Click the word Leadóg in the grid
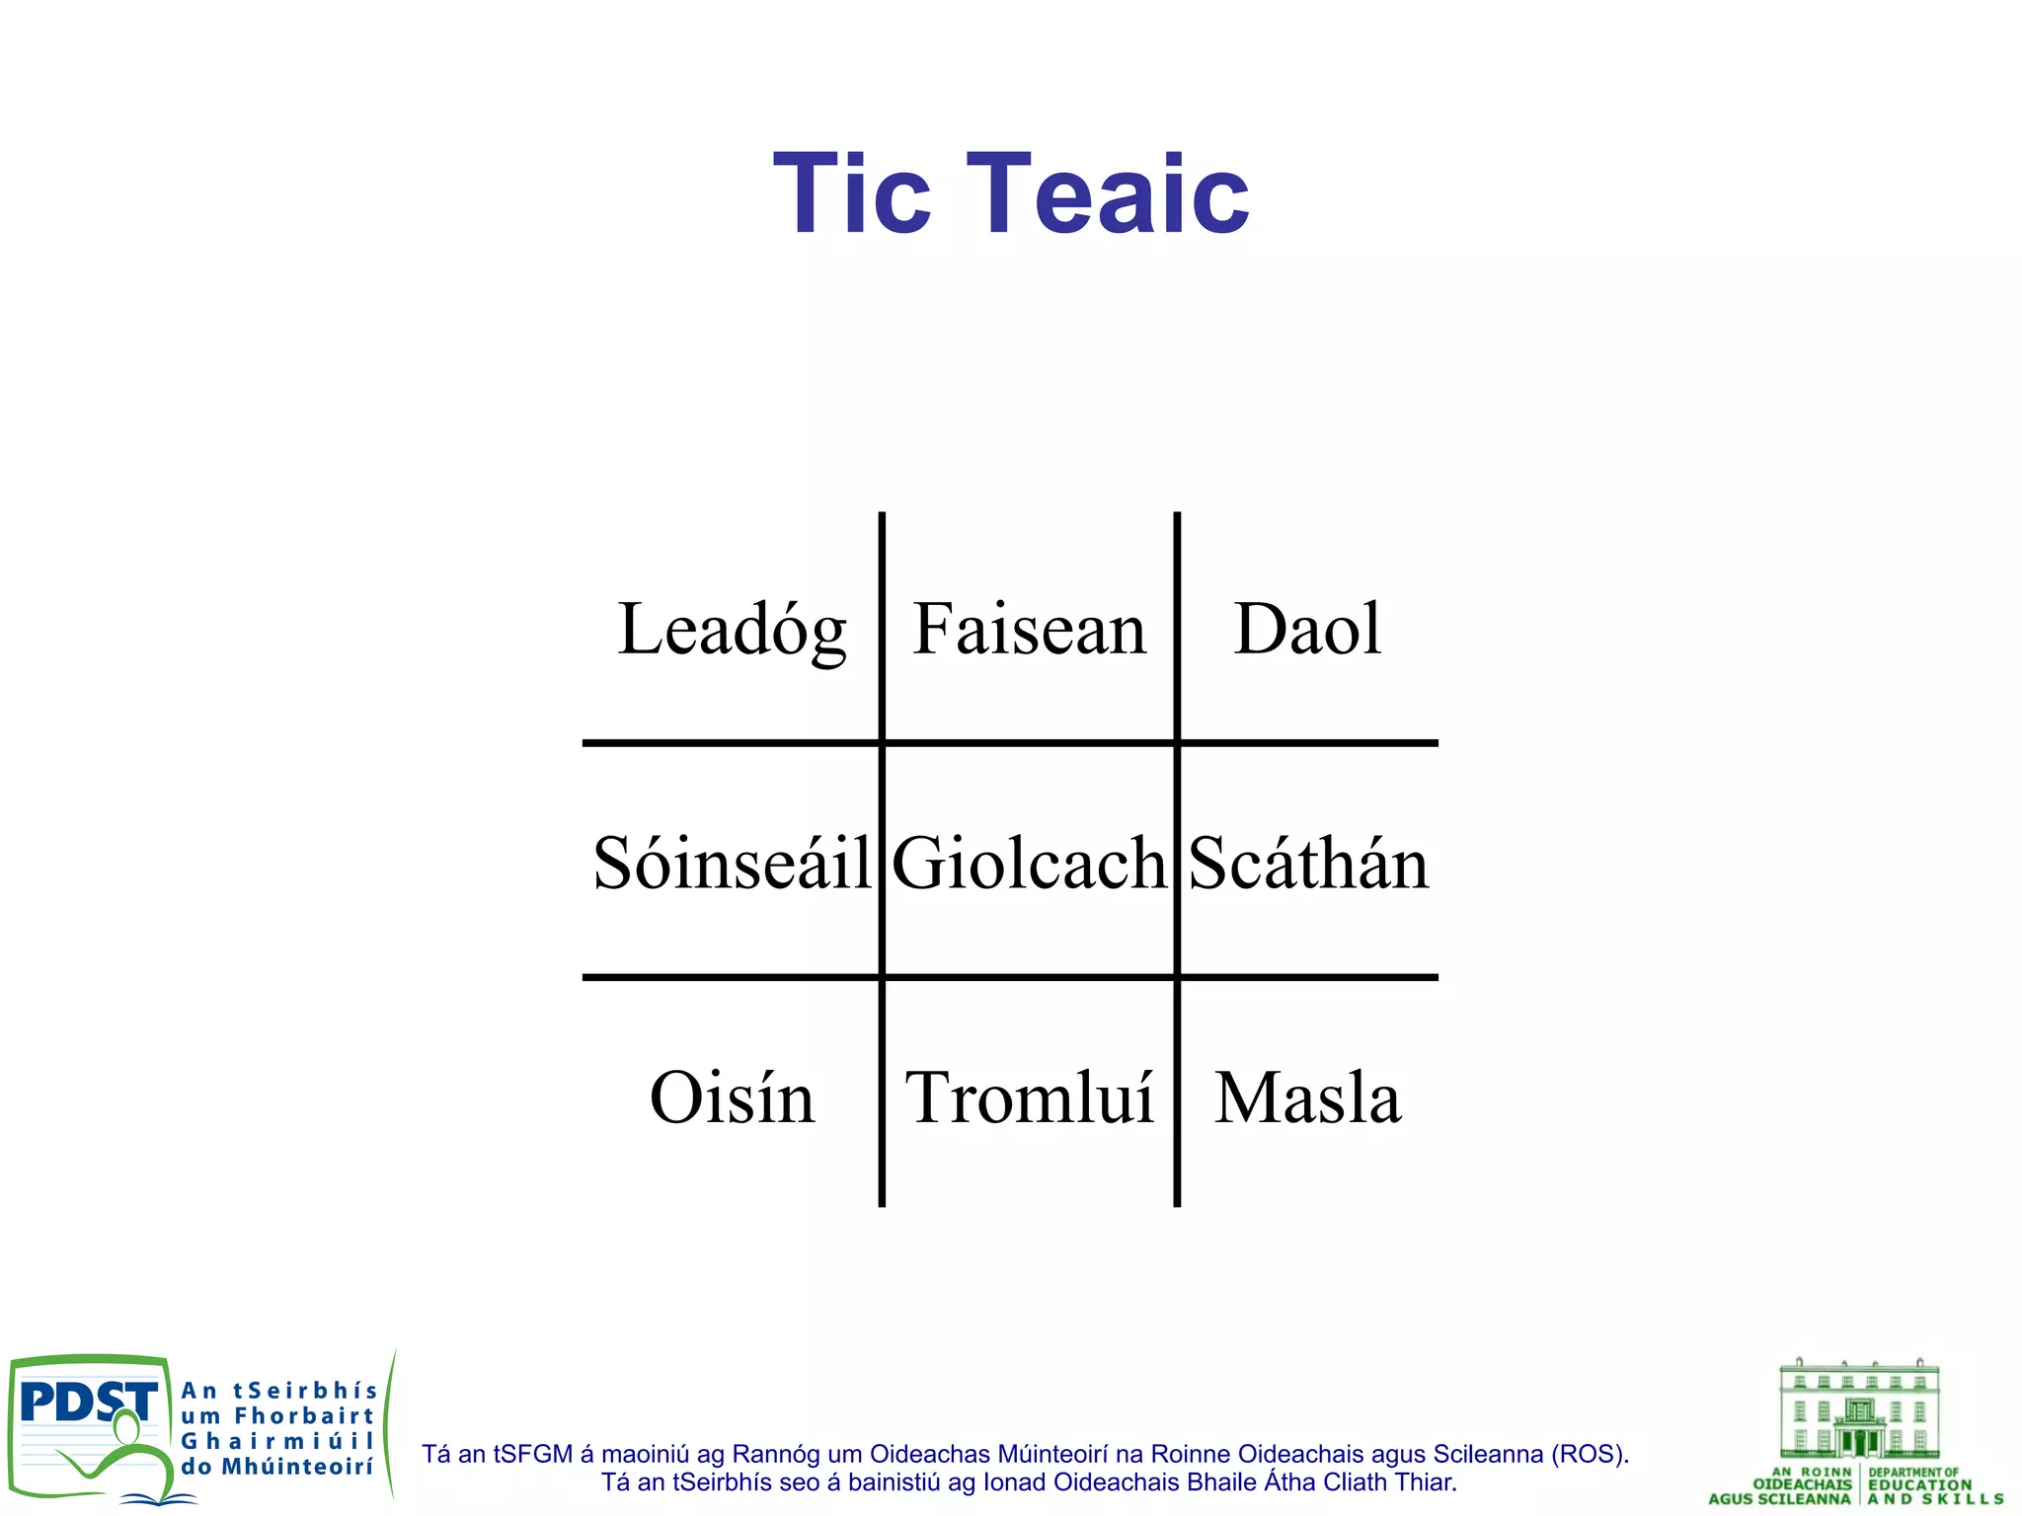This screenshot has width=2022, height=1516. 732,630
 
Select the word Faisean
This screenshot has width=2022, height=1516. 1029,630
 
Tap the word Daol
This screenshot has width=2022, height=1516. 1307,630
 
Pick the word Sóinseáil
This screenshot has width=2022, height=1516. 732,864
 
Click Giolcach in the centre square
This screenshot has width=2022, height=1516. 1029,864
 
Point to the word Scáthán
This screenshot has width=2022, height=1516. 1308,864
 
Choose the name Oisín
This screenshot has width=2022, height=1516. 732,1098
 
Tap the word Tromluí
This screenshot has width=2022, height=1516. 1029,1098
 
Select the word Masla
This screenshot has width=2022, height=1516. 1307,1098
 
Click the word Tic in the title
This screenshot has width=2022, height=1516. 851,194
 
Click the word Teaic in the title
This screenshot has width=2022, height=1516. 1108,194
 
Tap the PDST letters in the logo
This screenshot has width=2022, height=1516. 87,1402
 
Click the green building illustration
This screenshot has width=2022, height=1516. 1859,1409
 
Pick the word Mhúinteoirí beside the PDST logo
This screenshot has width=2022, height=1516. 297,1468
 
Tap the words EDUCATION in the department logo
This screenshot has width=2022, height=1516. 1919,1485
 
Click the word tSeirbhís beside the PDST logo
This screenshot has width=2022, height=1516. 305,1392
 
